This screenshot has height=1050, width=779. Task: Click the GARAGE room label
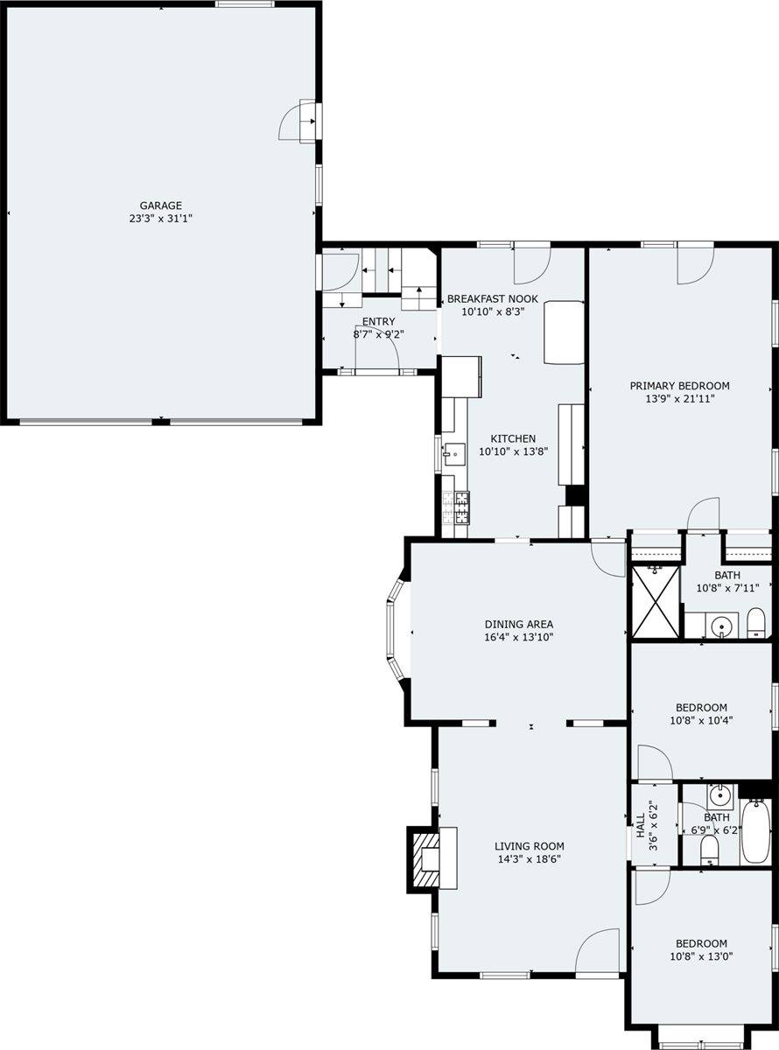(x=160, y=206)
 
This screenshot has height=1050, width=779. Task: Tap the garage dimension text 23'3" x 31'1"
(x=160, y=219)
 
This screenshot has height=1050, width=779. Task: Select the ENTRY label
(x=378, y=322)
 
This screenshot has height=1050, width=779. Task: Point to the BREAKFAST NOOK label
(x=493, y=298)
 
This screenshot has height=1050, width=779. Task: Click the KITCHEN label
(x=513, y=438)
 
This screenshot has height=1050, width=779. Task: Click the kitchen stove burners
(x=456, y=507)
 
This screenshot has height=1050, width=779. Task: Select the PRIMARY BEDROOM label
(x=679, y=386)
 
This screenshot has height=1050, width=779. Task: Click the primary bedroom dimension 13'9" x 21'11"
(x=679, y=399)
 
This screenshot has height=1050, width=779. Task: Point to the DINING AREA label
(x=518, y=624)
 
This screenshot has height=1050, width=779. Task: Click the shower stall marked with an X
(x=656, y=601)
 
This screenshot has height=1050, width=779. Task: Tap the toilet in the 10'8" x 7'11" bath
(x=755, y=623)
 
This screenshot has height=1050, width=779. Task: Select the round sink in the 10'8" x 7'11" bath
(x=722, y=626)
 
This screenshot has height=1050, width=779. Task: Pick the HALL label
(x=640, y=825)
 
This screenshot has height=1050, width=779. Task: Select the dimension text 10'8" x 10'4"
(x=701, y=720)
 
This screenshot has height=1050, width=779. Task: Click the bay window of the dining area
(x=394, y=632)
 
